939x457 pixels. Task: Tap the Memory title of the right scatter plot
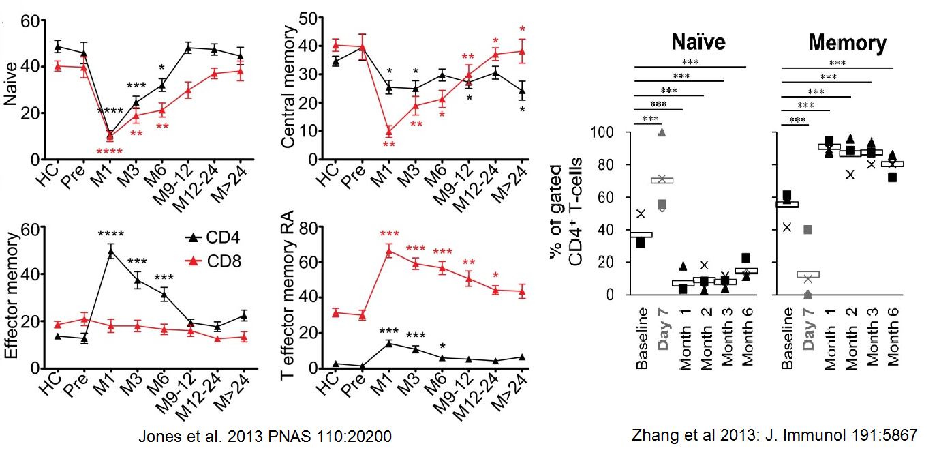coord(847,43)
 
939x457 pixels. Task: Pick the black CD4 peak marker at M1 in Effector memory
coord(110,252)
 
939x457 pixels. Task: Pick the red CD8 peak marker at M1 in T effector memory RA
coord(389,251)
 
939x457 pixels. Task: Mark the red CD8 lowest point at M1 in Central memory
coord(389,132)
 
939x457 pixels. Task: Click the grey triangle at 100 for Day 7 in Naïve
coord(661,132)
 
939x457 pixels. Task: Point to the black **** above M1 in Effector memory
coord(110,235)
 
